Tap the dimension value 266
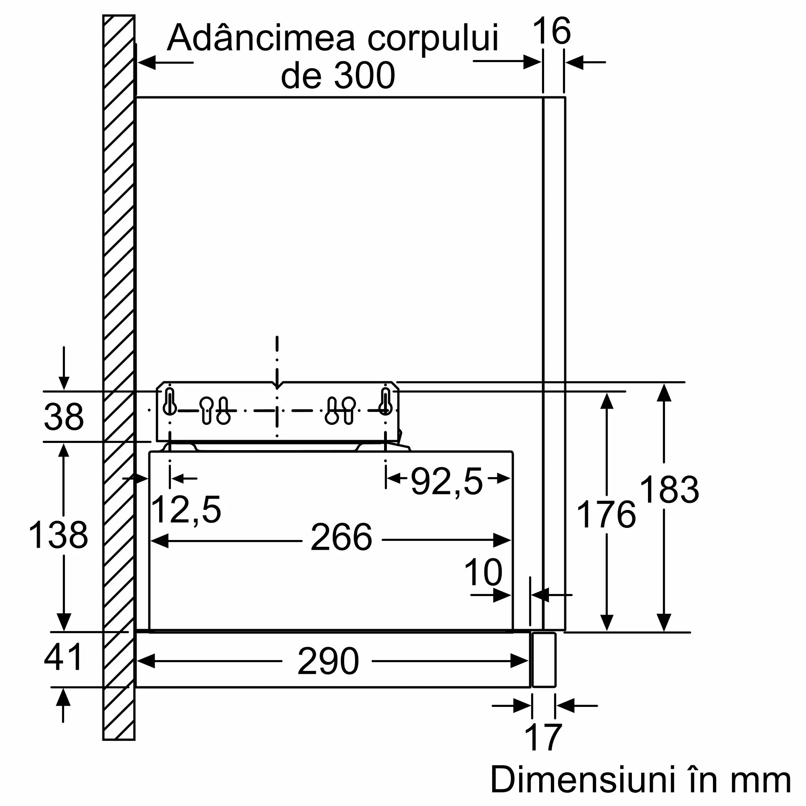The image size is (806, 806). [x=341, y=538]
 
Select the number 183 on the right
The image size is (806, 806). [x=669, y=490]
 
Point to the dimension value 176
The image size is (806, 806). [x=606, y=515]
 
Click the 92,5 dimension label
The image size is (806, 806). [x=447, y=482]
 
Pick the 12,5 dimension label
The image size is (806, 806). [x=186, y=510]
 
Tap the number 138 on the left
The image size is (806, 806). [x=58, y=535]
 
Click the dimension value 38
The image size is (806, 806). [x=63, y=417]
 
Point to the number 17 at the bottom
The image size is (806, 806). [x=543, y=737]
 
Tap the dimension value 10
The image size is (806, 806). [x=483, y=572]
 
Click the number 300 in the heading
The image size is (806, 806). [x=364, y=75]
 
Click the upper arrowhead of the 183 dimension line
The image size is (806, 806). [x=663, y=393]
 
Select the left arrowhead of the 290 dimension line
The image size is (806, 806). [x=146, y=661]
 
